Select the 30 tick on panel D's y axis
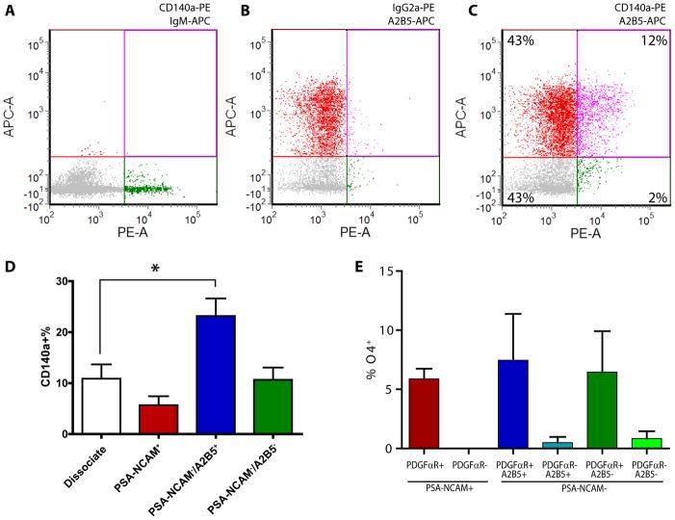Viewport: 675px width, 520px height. point(65,282)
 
